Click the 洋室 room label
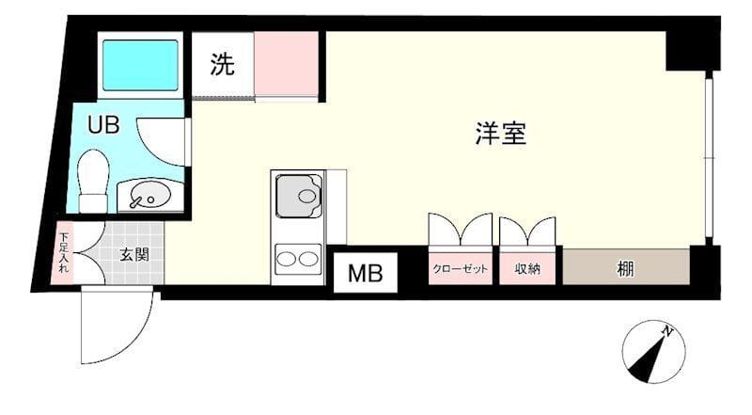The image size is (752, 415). coord(500,135)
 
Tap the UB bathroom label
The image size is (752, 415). coord(103,125)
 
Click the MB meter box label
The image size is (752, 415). coord(366,274)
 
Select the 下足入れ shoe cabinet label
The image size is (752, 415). coord(64,253)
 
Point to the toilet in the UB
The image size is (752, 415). coord(93,181)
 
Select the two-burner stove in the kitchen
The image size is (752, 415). coord(298,258)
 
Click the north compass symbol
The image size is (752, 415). coord(653,351)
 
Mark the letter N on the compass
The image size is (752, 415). coord(667,332)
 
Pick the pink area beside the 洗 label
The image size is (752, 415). coord(287,64)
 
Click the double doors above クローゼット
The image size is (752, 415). coord(461,231)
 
